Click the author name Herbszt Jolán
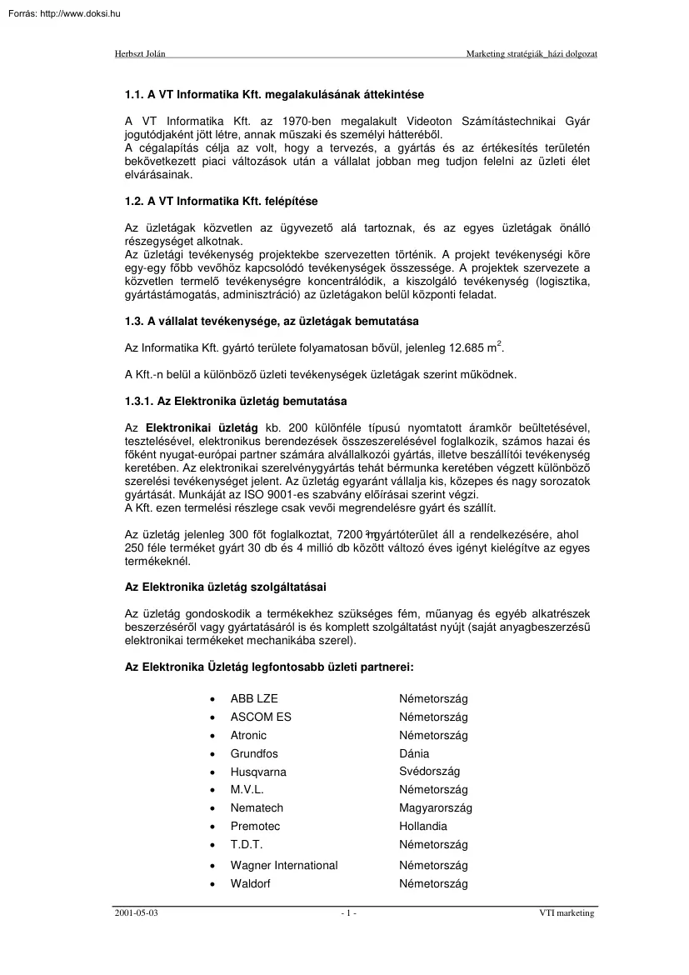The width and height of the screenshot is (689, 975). (x=139, y=53)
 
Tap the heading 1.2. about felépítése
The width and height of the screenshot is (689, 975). (x=221, y=202)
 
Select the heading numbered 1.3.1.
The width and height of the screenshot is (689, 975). (x=230, y=402)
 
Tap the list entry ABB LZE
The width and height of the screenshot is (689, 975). (x=254, y=698)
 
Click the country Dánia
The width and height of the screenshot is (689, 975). (x=414, y=753)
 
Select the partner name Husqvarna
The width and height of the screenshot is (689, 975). (x=258, y=772)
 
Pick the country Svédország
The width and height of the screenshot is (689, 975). (x=429, y=772)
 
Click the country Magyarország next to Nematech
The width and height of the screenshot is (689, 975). (x=435, y=808)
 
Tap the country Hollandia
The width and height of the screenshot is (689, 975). (x=422, y=827)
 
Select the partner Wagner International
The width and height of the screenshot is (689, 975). (x=284, y=866)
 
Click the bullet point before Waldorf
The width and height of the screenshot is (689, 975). (x=213, y=884)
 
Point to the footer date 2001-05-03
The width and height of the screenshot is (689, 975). (x=136, y=913)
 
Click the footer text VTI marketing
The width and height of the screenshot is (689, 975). (x=567, y=913)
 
